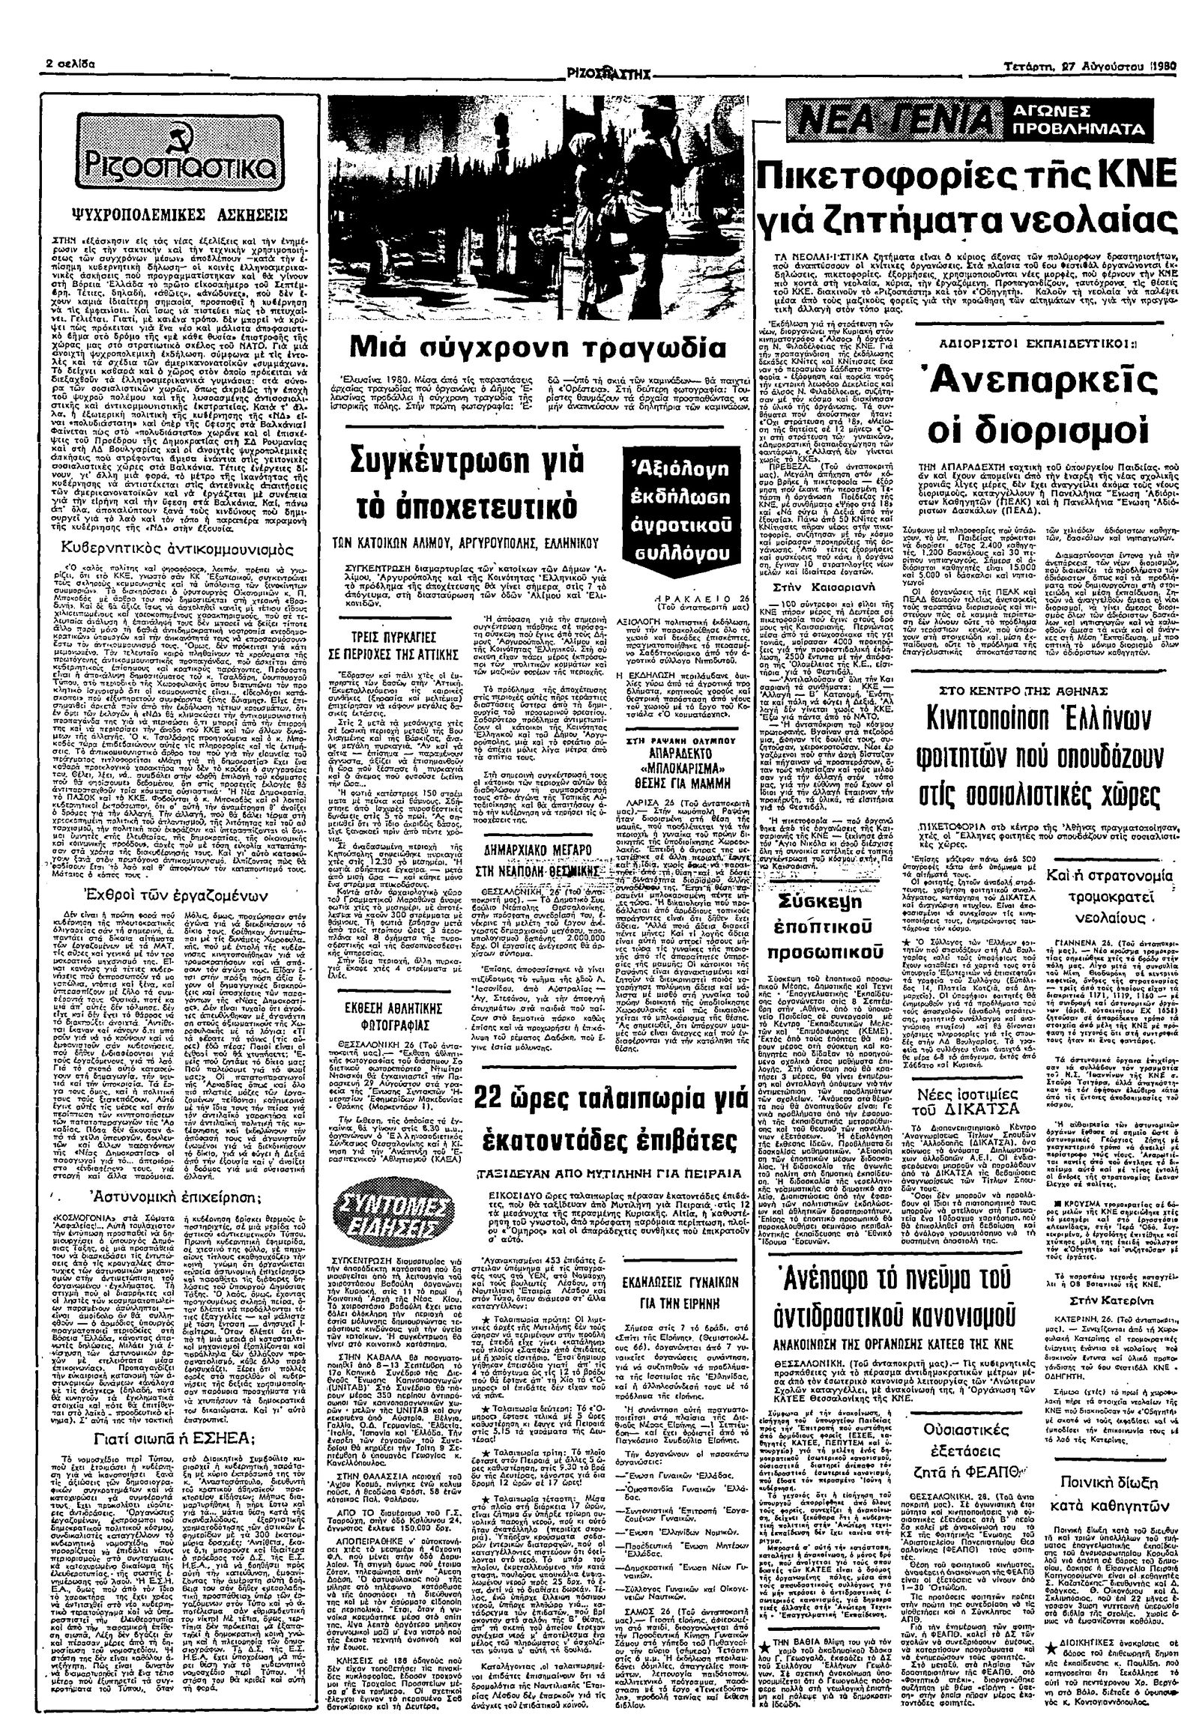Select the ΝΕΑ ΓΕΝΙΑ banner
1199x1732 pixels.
click(x=890, y=121)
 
